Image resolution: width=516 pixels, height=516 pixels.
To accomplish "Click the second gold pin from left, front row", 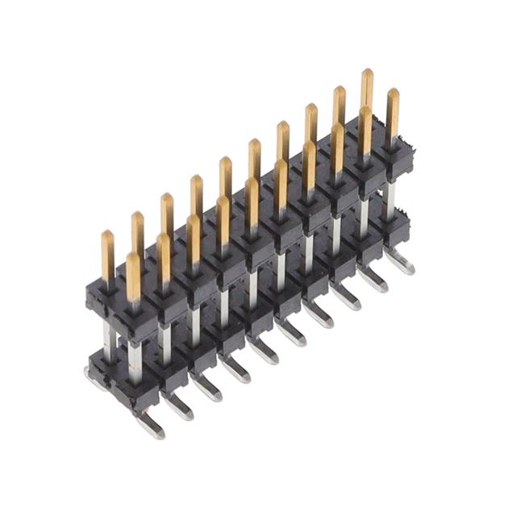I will [164, 257].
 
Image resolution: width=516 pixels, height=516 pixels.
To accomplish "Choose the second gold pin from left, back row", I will [138, 235].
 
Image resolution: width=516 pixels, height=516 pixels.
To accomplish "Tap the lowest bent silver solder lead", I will [149, 425].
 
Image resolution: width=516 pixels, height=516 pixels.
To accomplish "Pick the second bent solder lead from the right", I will [372, 279].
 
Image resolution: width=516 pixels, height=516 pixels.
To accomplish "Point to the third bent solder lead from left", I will [207, 388].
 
